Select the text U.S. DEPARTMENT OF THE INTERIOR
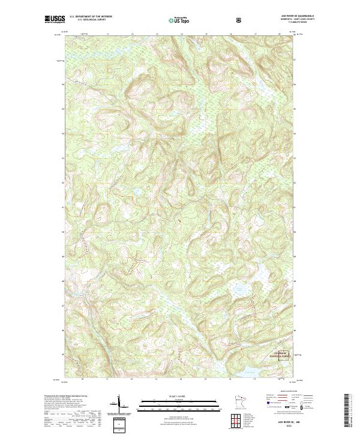point(91,16)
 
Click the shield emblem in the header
point(239,20)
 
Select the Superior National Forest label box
point(281,354)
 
